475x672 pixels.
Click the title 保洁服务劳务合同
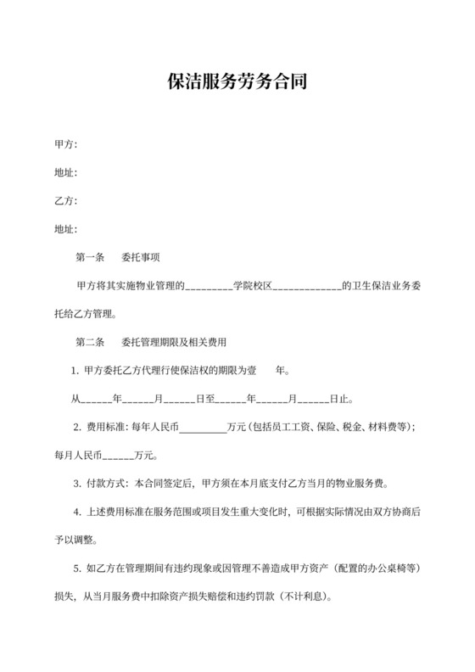[x=237, y=82]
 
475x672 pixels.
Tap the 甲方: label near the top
[x=65, y=145]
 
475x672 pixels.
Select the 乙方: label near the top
[x=65, y=201]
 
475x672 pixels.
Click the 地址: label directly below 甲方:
[x=65, y=173]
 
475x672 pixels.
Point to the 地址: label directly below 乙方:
[x=65, y=229]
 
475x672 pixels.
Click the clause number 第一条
[x=90, y=257]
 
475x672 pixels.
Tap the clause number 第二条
[x=90, y=342]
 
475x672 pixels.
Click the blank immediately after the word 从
[x=96, y=400]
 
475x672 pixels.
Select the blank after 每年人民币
[x=203, y=428]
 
